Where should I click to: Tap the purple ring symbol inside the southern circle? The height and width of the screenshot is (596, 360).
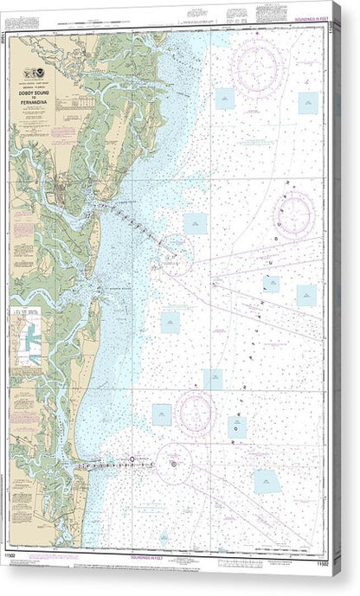(x=173, y=464)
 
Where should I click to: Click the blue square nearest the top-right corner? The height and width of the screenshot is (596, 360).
(x=308, y=102)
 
